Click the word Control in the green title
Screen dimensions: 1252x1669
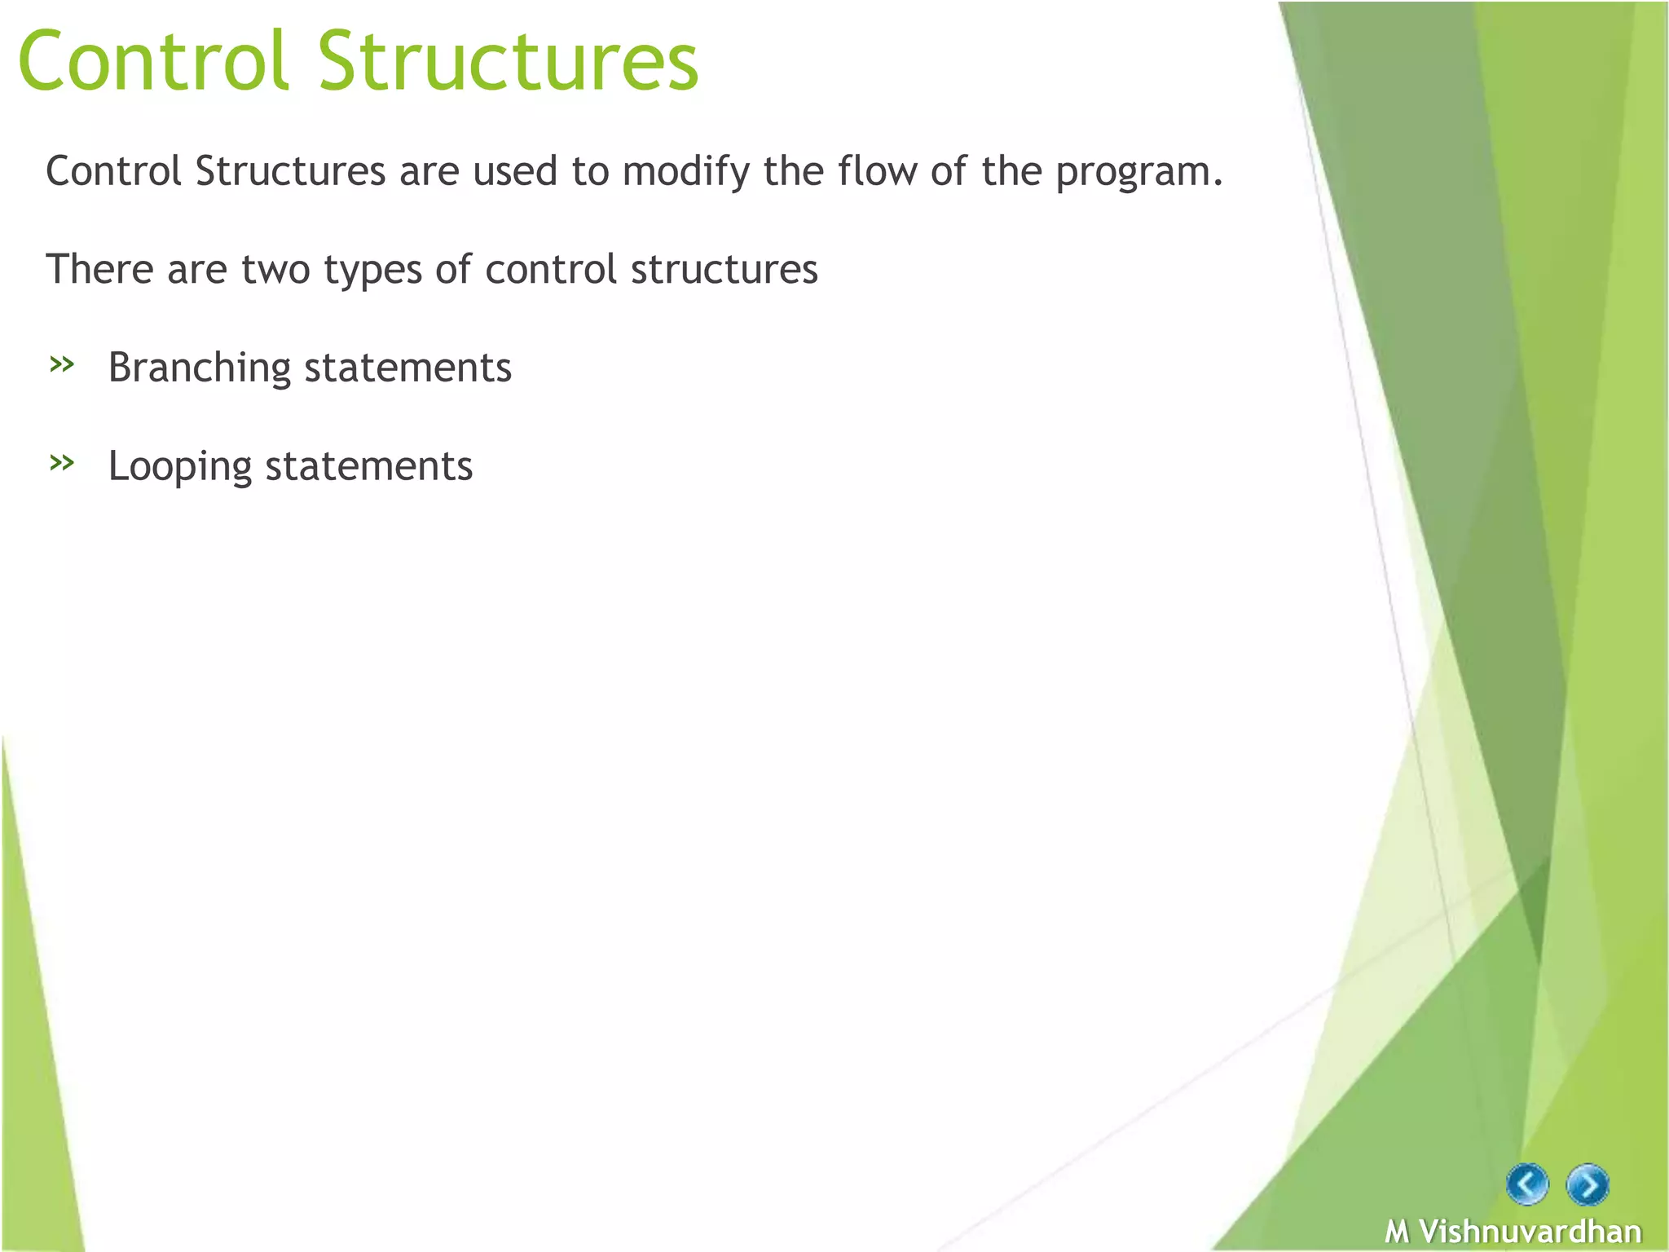click(x=153, y=61)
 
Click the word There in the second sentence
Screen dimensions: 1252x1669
click(x=99, y=269)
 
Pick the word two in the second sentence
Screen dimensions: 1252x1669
click(x=275, y=270)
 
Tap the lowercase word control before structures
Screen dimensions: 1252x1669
click(x=550, y=269)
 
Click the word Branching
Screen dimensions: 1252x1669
click(x=199, y=368)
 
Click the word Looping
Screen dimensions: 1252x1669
click(x=179, y=468)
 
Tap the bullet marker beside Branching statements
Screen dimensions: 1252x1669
click(x=62, y=364)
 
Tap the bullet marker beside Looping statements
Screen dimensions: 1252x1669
click(x=62, y=463)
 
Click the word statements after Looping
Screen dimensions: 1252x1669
click(x=369, y=466)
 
